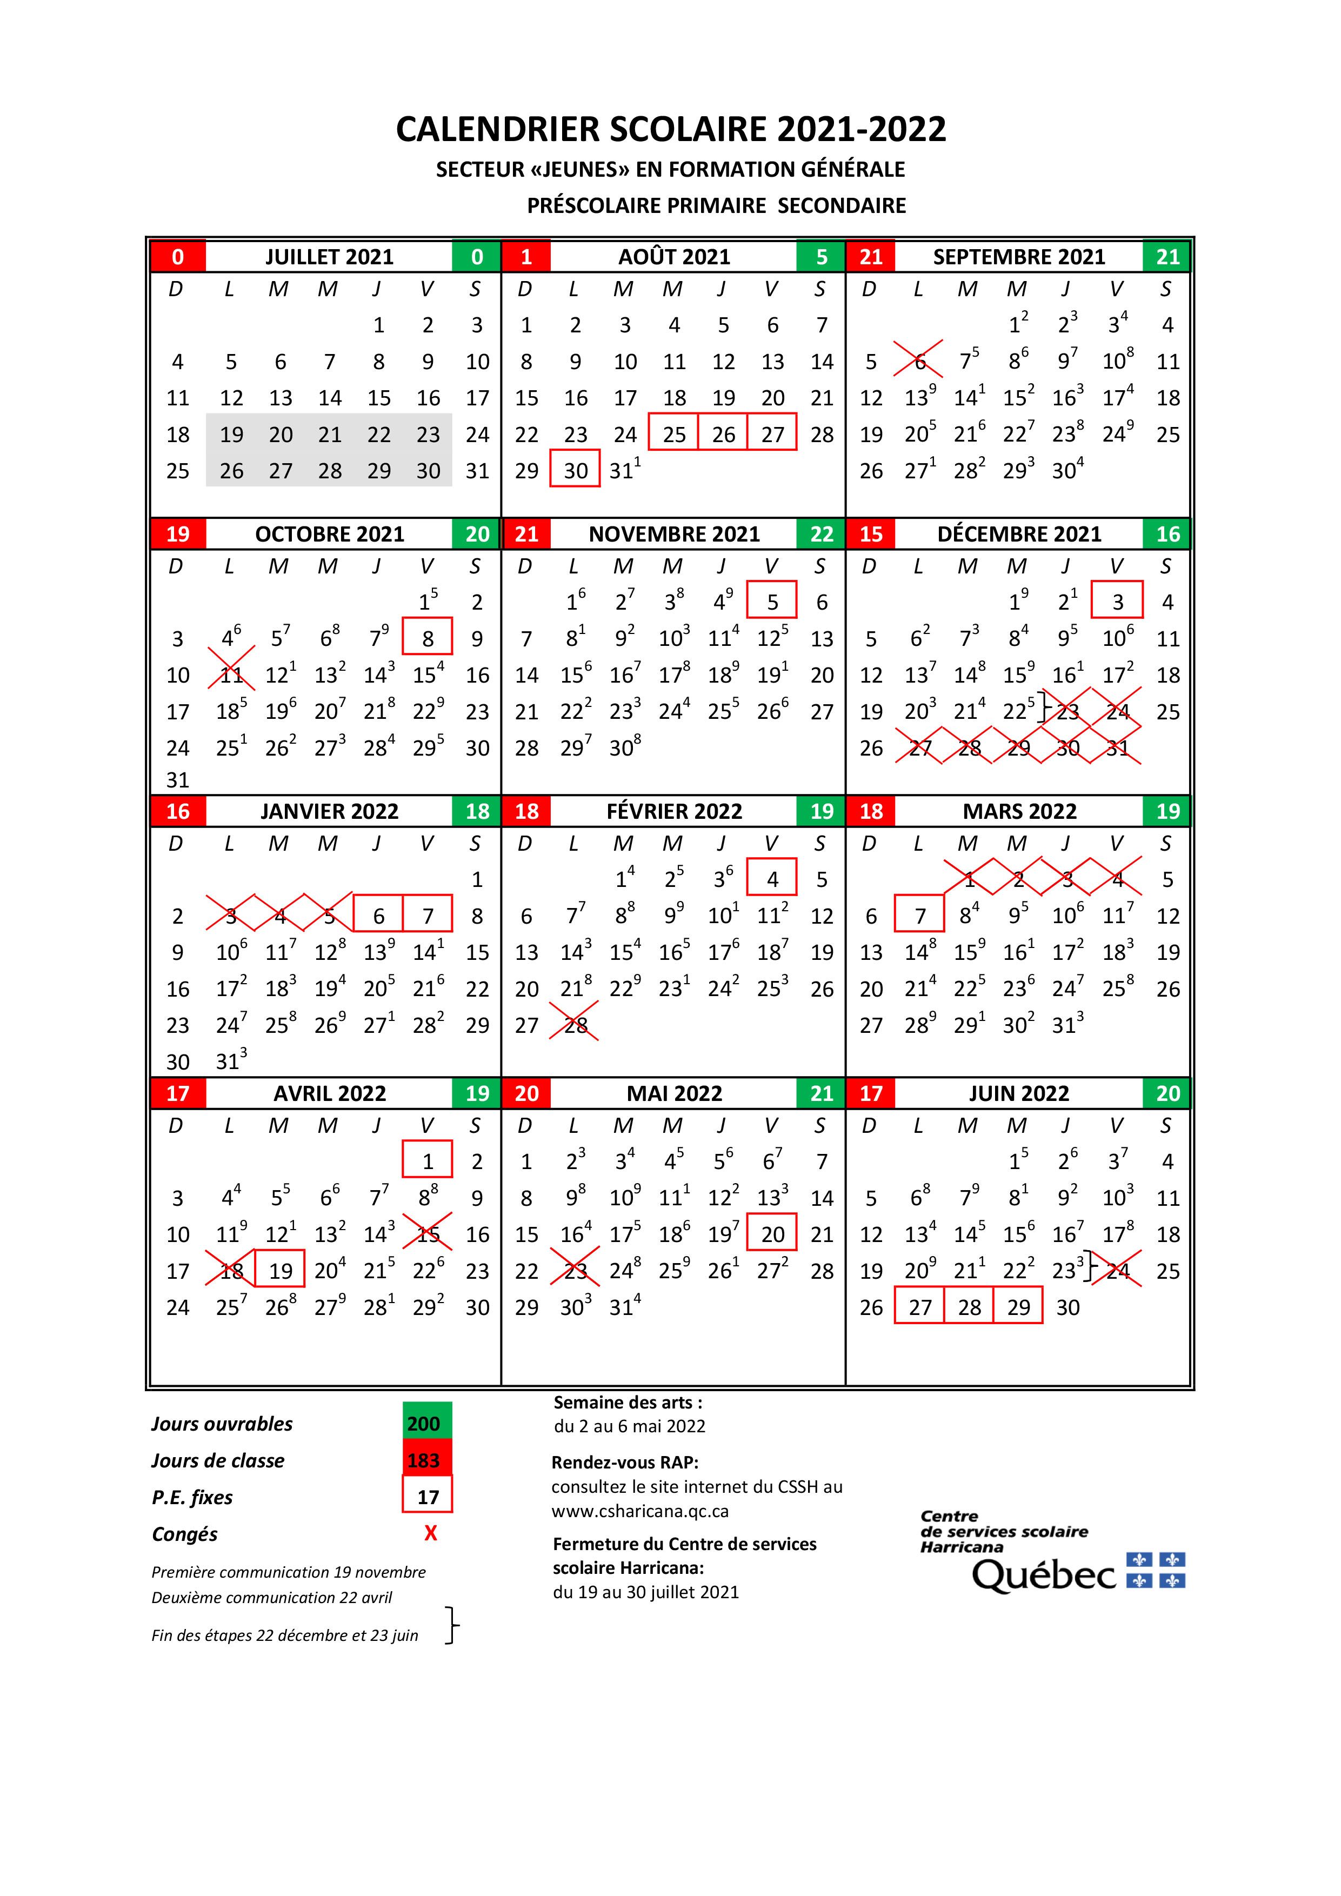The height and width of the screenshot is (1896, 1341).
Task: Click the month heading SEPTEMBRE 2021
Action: point(1018,257)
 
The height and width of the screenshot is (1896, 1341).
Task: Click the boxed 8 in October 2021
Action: point(428,638)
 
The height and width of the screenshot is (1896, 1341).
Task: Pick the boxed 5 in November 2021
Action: point(772,601)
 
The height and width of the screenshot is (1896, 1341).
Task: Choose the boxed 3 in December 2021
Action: point(1117,601)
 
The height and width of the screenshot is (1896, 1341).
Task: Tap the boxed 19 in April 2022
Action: point(281,1270)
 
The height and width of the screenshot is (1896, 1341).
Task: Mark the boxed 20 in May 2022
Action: point(772,1234)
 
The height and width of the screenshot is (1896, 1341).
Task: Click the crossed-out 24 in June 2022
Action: point(1117,1270)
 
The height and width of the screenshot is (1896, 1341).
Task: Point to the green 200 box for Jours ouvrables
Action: point(427,1423)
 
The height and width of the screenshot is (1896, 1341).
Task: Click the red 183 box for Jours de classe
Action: point(427,1460)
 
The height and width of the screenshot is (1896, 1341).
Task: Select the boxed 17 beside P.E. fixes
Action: point(427,1497)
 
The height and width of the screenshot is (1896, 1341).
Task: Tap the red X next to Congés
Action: point(430,1533)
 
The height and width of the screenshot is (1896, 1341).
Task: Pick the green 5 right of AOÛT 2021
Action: point(821,257)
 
